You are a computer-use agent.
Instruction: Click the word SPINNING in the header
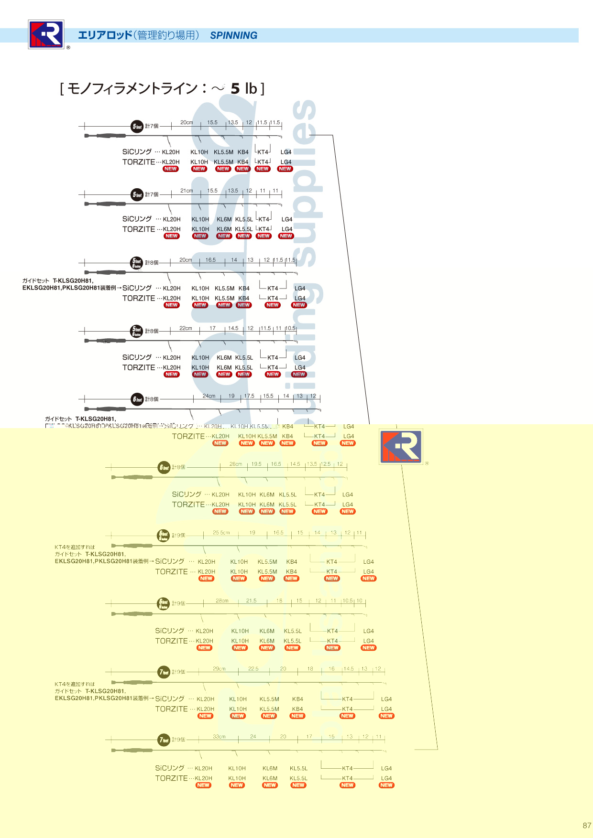(x=233, y=35)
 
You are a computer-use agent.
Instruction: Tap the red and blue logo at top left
(x=46, y=34)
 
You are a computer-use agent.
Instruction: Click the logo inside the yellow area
(x=401, y=447)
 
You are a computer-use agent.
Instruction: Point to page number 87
(x=587, y=825)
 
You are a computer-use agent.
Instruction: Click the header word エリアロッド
(x=105, y=35)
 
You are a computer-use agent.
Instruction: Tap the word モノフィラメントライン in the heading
(x=132, y=88)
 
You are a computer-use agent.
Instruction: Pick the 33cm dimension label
(x=219, y=737)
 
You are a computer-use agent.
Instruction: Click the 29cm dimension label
(x=219, y=669)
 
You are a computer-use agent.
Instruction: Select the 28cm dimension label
(x=222, y=601)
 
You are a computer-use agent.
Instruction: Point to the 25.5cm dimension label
(x=221, y=532)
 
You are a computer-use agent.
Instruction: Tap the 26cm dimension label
(x=236, y=464)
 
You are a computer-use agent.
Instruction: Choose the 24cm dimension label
(x=209, y=396)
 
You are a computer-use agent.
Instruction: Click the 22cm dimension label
(x=186, y=328)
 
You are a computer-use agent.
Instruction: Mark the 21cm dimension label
(x=187, y=191)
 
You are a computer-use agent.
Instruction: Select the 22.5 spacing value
(x=253, y=669)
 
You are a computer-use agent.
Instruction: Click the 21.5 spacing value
(x=252, y=601)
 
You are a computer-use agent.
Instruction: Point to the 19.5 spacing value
(x=257, y=464)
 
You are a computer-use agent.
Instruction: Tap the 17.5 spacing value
(x=249, y=396)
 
